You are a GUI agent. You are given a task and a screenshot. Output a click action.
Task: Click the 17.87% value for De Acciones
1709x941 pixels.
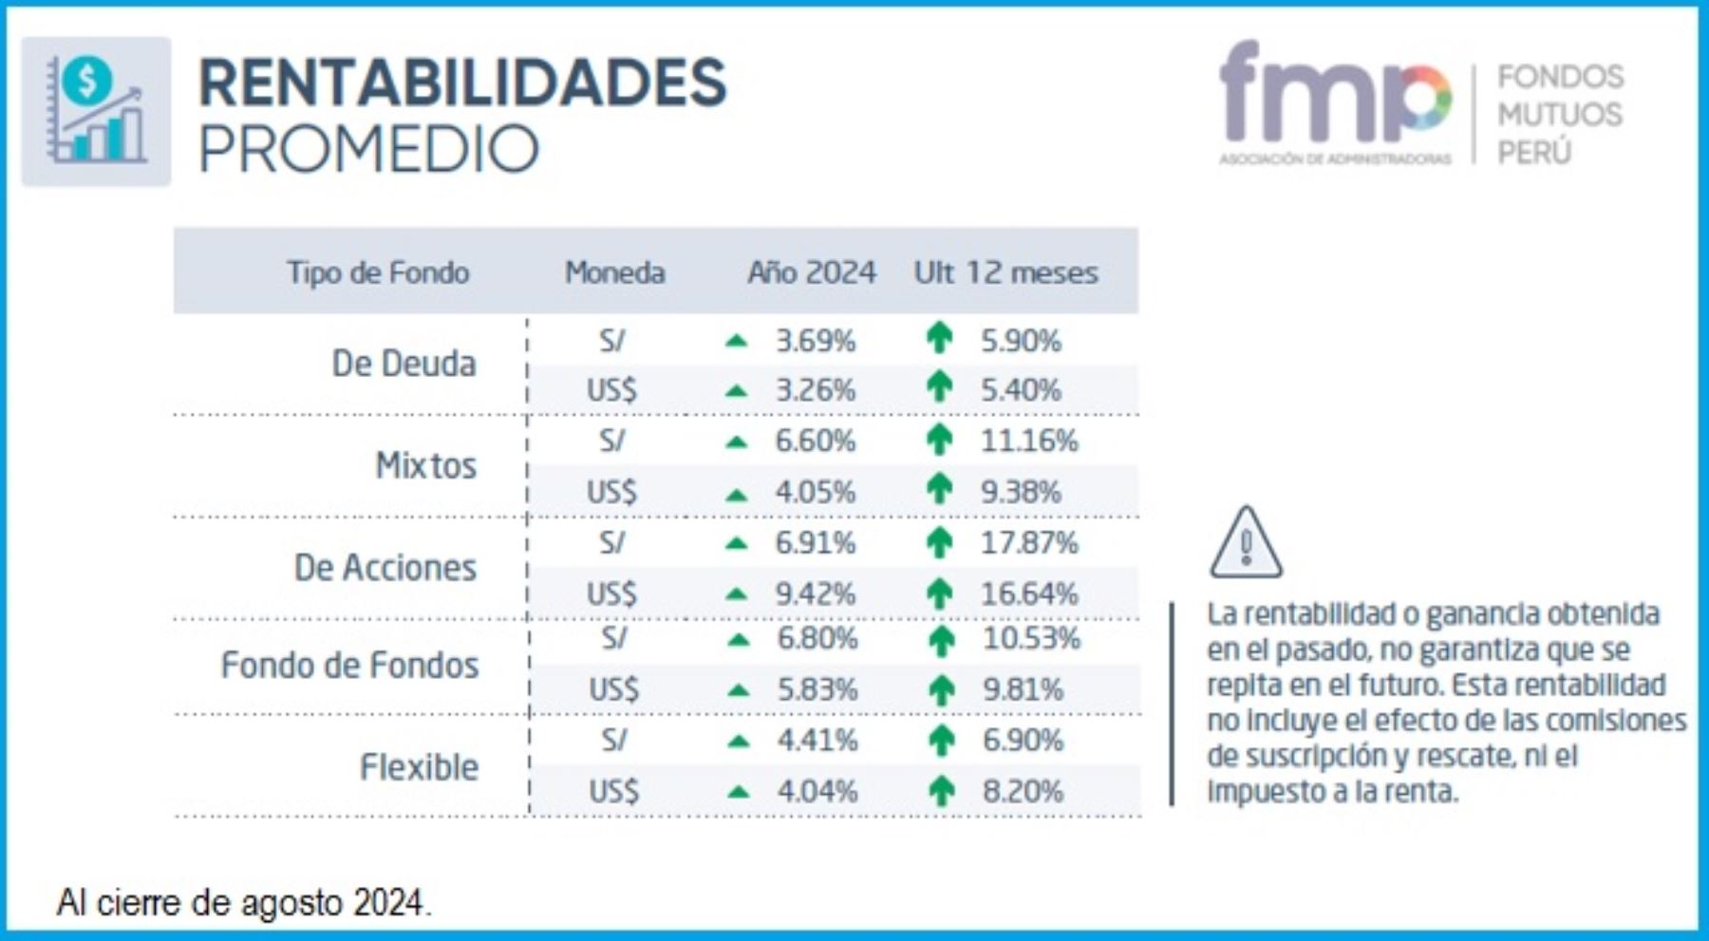[1029, 543]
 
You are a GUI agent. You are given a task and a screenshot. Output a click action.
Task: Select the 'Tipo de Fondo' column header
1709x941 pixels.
[378, 273]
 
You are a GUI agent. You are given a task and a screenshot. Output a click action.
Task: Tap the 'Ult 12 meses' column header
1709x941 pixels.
[1005, 273]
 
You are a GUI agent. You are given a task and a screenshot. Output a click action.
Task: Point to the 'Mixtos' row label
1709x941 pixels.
[425, 465]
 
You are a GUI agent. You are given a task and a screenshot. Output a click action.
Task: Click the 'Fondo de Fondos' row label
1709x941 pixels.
[349, 665]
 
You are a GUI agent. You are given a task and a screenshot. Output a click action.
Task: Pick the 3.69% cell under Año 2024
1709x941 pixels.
[816, 341]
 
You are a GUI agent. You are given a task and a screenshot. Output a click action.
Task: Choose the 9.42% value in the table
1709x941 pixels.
[816, 594]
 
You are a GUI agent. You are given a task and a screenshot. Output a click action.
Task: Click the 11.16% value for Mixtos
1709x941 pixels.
[1029, 442]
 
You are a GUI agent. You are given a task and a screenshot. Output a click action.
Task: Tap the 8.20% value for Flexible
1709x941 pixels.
[1023, 791]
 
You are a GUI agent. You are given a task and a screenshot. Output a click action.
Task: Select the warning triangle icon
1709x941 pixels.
[1246, 543]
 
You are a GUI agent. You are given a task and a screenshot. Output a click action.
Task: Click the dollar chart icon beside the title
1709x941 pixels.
[96, 111]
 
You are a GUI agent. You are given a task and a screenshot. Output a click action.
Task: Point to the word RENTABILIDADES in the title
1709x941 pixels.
[462, 83]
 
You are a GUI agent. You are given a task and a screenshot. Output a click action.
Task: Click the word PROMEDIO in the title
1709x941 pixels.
[368, 149]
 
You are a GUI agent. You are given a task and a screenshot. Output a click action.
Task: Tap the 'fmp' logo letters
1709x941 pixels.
[1334, 95]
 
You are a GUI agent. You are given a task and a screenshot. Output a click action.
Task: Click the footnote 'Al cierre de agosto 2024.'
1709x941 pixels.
[244, 902]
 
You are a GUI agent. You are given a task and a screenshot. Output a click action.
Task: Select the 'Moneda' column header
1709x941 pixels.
[614, 273]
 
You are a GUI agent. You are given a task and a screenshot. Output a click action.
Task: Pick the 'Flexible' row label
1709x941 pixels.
[419, 766]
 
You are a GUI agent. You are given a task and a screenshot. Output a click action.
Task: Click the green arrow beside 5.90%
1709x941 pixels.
[939, 338]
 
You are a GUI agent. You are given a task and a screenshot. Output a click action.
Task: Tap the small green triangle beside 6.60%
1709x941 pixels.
[736, 442]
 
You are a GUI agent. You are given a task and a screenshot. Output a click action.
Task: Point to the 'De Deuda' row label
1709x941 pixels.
[404, 364]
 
